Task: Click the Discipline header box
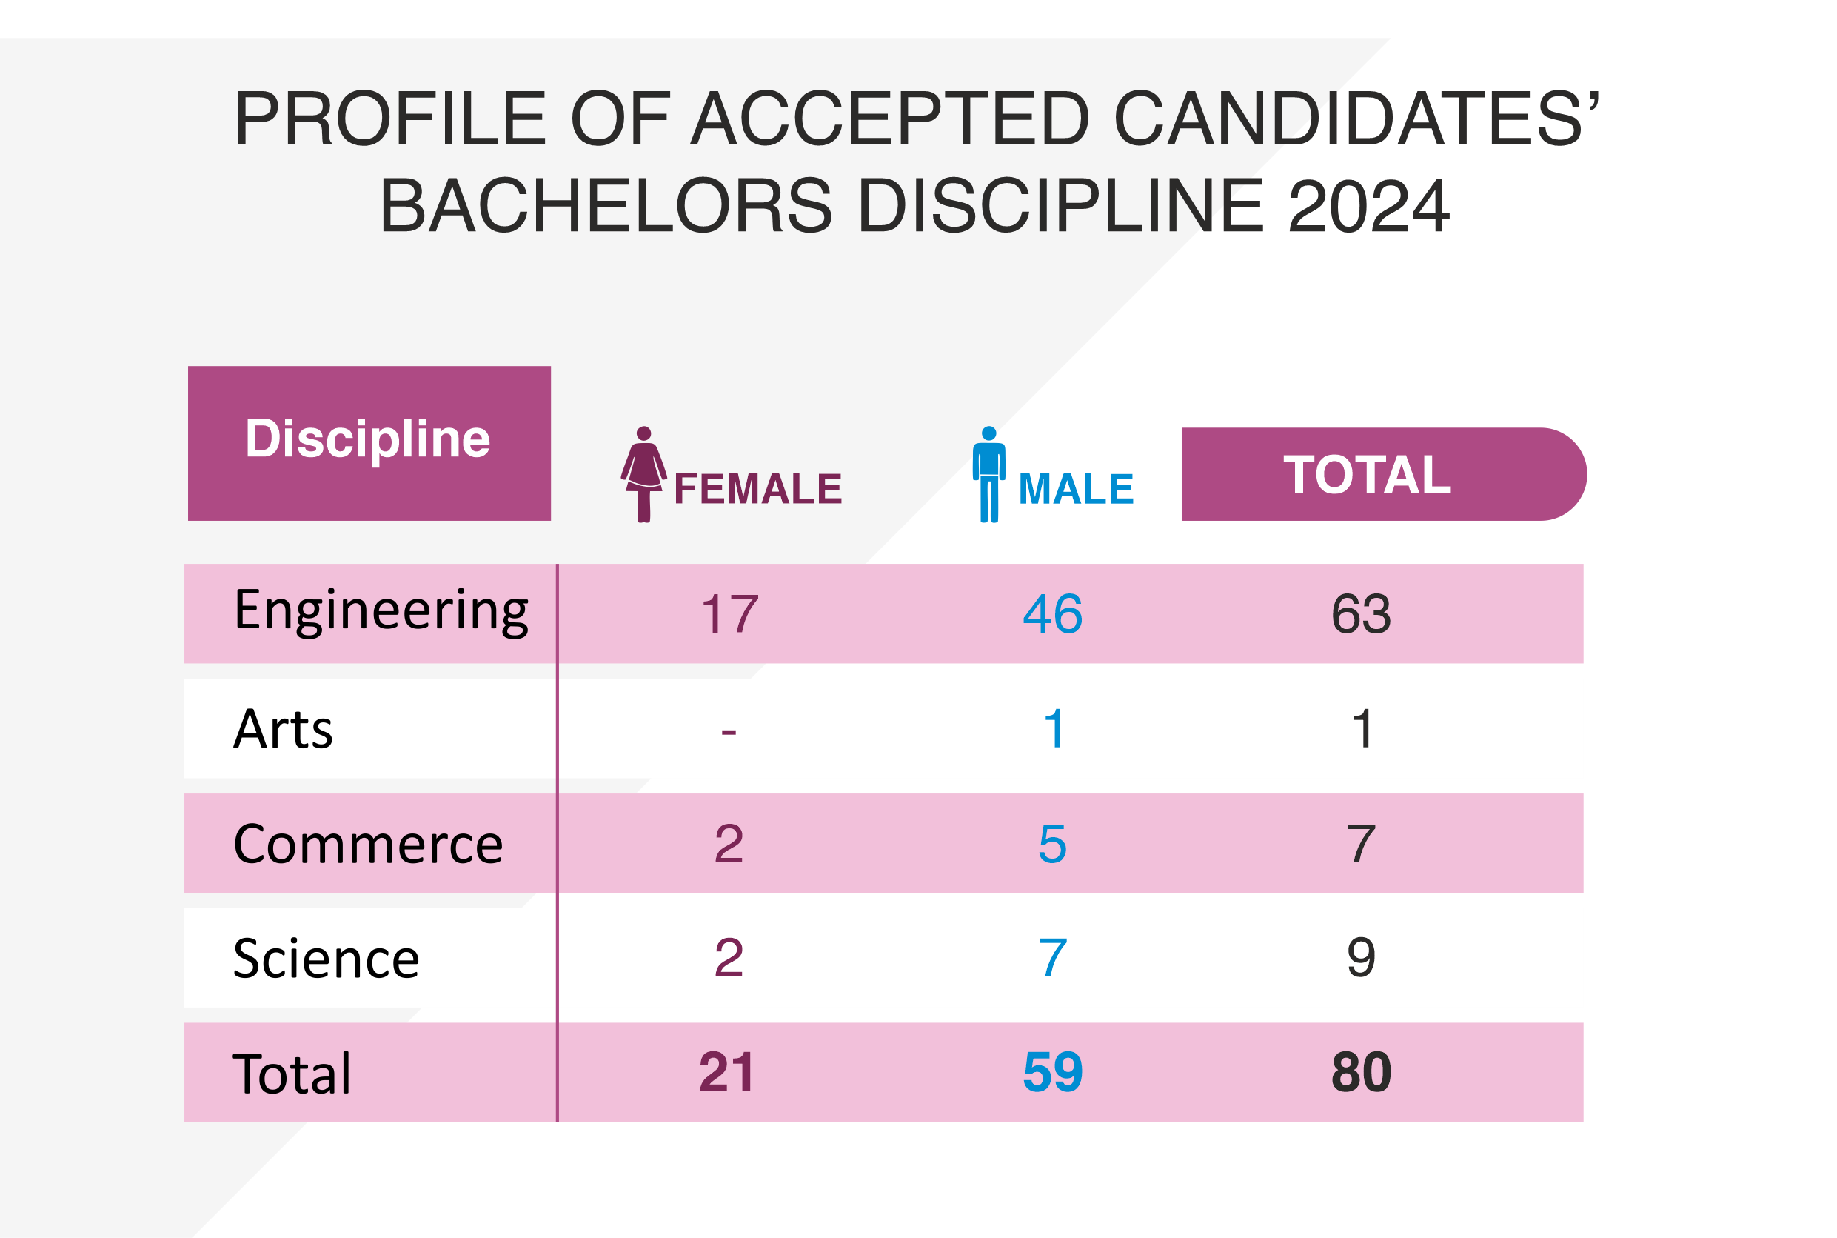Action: click(x=369, y=443)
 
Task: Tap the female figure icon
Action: click(x=643, y=474)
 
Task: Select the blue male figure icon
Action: click(x=988, y=474)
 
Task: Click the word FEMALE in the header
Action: click(x=757, y=489)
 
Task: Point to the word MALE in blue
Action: click(x=1076, y=489)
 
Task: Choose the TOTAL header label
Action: click(x=1367, y=474)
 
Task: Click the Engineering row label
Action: click(x=381, y=611)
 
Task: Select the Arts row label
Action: click(x=284, y=729)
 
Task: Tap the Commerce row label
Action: click(x=368, y=844)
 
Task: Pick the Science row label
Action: click(x=326, y=959)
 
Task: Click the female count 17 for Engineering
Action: click(x=729, y=614)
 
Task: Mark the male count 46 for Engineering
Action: click(x=1053, y=614)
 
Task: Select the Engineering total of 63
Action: click(x=1361, y=614)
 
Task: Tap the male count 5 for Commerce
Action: click(x=1053, y=844)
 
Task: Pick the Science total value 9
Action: click(x=1361, y=959)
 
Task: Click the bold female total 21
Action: click(x=727, y=1072)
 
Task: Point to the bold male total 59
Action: click(x=1053, y=1072)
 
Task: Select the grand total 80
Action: click(x=1361, y=1072)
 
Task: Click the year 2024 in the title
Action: click(x=1368, y=207)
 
